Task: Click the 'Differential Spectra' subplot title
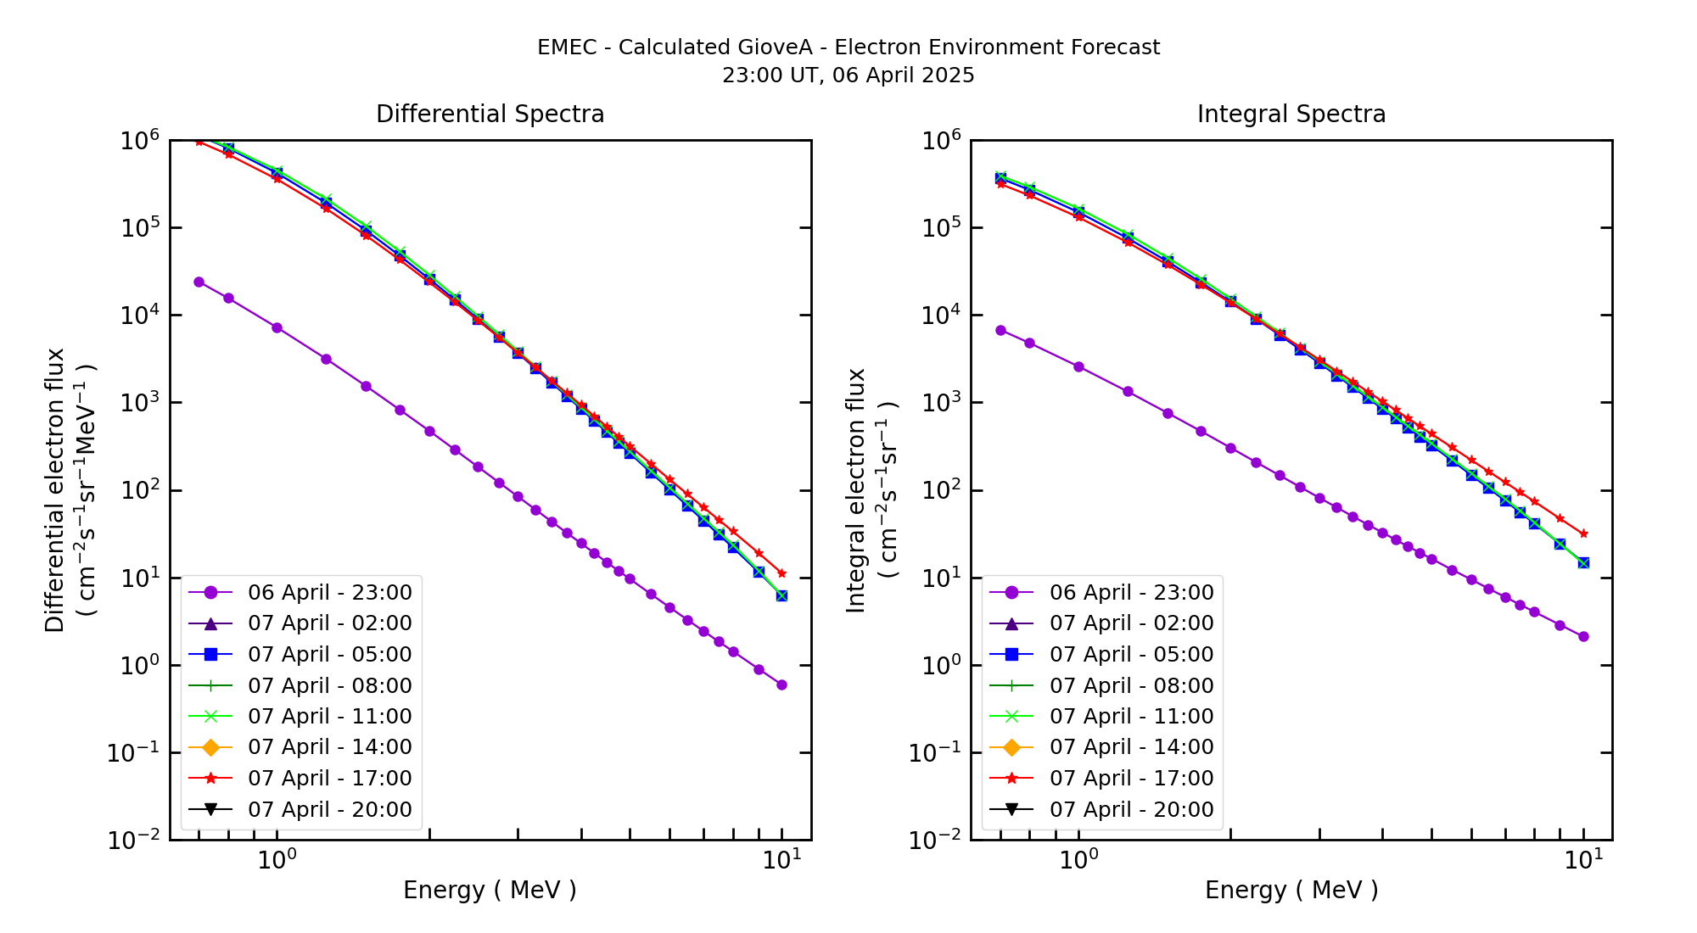point(490,114)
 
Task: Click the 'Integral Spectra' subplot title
point(1291,114)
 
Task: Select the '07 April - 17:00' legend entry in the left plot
point(329,778)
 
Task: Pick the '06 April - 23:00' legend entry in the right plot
point(1131,592)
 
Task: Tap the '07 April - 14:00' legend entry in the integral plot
point(1131,747)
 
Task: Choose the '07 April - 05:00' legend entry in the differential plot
point(329,654)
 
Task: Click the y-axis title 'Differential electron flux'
point(55,490)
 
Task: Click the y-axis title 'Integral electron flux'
point(856,490)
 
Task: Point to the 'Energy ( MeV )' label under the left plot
point(490,890)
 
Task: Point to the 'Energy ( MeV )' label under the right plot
point(1291,890)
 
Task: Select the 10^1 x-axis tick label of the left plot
point(777,860)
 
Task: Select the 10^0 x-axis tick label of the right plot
point(1078,860)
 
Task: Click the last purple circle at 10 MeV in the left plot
point(781,684)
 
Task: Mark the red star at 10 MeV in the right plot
point(1583,534)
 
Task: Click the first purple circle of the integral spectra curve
point(1000,330)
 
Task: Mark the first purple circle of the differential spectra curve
point(199,282)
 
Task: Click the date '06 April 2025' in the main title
point(904,75)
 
